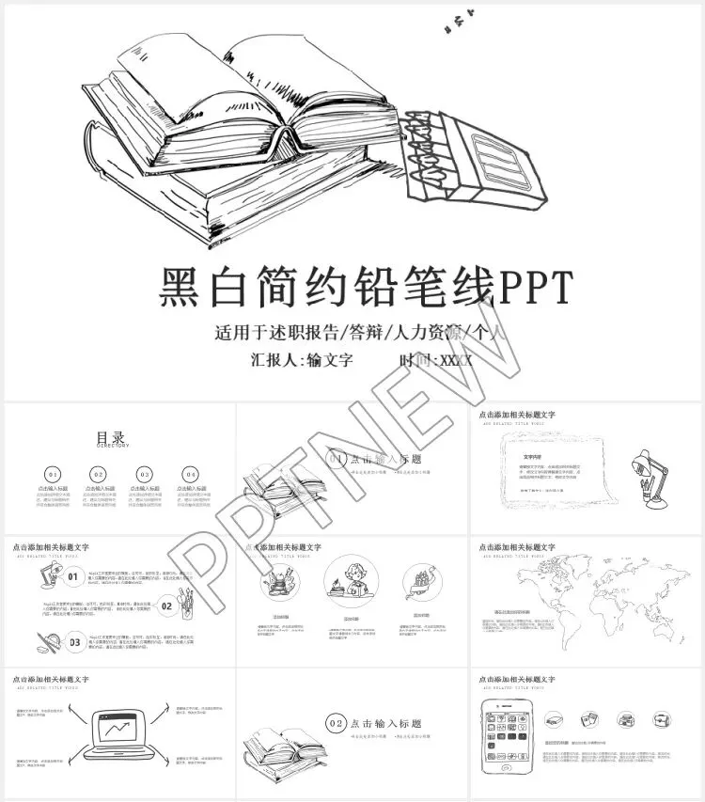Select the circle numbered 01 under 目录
coord(53,475)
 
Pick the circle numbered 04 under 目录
coord(191,475)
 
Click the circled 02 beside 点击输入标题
coord(336,722)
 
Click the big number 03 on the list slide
coord(74,643)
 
